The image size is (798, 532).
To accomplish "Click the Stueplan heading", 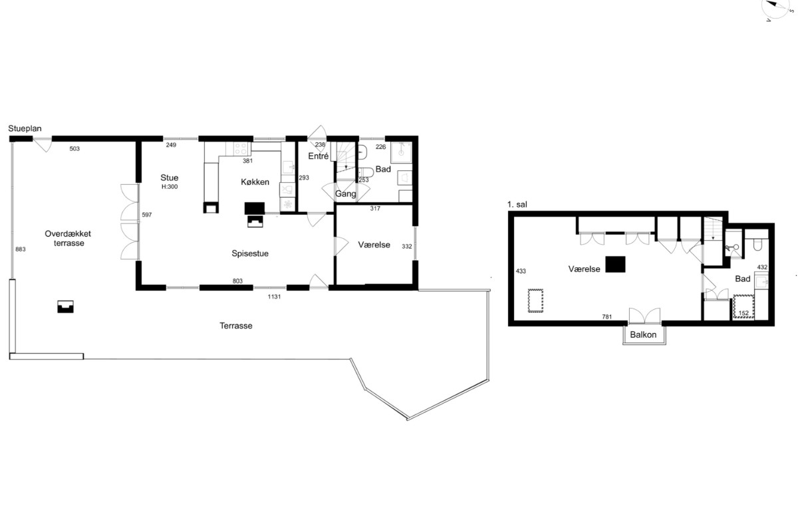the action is pyautogui.click(x=25, y=128).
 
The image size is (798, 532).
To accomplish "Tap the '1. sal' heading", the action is pyautogui.click(x=517, y=205).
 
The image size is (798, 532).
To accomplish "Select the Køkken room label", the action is pyautogui.click(x=255, y=182).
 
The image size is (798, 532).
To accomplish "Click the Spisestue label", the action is pyautogui.click(x=250, y=253).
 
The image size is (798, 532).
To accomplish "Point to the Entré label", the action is pyautogui.click(x=318, y=156).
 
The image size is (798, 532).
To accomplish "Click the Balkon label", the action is pyautogui.click(x=643, y=334).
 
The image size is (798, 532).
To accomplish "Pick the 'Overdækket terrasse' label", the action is pyautogui.click(x=68, y=238).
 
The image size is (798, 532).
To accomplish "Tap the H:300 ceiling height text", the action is pyautogui.click(x=170, y=187).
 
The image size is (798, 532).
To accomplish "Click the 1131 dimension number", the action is pyautogui.click(x=274, y=297).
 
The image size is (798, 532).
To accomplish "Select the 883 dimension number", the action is pyautogui.click(x=21, y=249).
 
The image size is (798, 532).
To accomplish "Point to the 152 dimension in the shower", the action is pyautogui.click(x=743, y=313).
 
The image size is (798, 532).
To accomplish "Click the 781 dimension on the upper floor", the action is pyautogui.click(x=607, y=317).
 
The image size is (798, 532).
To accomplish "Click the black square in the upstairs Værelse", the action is pyautogui.click(x=615, y=265).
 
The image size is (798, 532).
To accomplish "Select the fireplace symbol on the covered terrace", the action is pyautogui.click(x=66, y=307).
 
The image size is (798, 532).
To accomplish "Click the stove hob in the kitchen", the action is pyautogui.click(x=241, y=148).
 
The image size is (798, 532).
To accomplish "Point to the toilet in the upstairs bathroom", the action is pyautogui.click(x=757, y=245).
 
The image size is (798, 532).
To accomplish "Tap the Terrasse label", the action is pyautogui.click(x=236, y=326).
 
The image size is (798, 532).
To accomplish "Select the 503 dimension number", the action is pyautogui.click(x=74, y=148).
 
